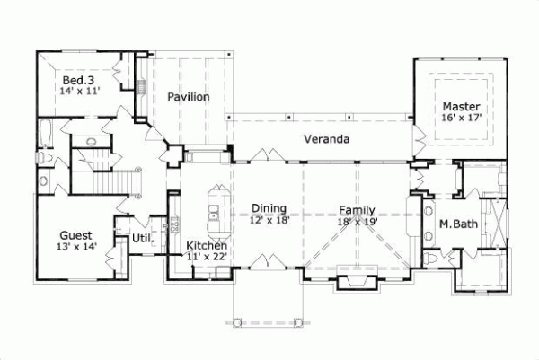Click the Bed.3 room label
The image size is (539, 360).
click(76, 78)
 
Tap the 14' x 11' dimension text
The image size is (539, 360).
click(79, 91)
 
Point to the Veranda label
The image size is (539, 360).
click(325, 139)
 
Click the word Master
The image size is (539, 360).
click(460, 105)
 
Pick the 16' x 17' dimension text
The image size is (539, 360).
click(462, 118)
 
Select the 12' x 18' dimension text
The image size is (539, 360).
click(270, 219)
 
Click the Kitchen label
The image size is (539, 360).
click(206, 245)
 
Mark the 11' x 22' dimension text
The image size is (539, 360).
click(207, 258)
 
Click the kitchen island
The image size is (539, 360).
click(216, 204)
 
